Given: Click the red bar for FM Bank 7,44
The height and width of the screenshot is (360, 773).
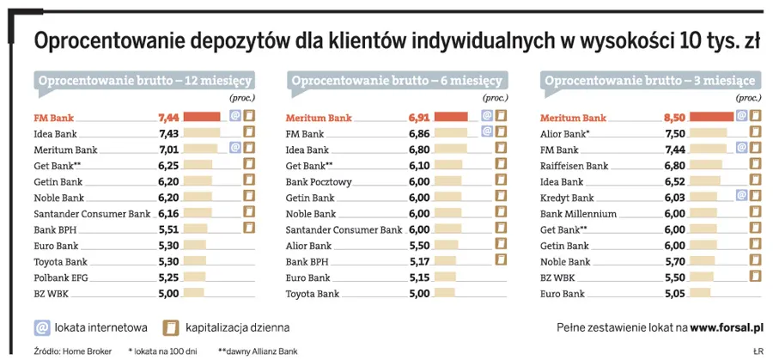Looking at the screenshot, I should click(x=201, y=117).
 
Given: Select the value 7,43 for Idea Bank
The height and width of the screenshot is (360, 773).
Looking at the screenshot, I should click(x=168, y=133).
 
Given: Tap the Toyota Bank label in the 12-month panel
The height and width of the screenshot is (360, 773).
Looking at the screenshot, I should click(x=60, y=261).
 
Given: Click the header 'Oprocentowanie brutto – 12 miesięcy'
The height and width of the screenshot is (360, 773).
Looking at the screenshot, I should click(x=143, y=82).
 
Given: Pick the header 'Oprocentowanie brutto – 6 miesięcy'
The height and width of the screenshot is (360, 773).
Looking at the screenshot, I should click(x=396, y=82).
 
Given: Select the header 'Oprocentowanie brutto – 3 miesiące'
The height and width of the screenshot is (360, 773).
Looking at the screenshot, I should click(x=650, y=82).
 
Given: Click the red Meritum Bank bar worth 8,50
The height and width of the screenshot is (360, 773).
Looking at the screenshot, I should click(x=711, y=117).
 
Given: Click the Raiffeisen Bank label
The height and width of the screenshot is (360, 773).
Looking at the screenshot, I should click(x=574, y=165).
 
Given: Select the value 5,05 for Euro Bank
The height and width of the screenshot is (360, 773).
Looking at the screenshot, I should click(x=674, y=294).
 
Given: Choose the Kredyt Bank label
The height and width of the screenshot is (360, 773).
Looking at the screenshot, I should click(x=567, y=198).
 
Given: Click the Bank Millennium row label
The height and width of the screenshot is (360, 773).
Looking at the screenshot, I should click(x=578, y=213).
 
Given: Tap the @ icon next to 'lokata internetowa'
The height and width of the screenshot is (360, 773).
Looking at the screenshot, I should click(x=40, y=327).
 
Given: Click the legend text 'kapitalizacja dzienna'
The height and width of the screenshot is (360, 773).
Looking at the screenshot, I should click(x=237, y=327).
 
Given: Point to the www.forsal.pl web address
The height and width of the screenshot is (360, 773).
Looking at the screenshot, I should click(x=727, y=327).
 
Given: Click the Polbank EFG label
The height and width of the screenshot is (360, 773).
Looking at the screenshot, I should click(x=61, y=278).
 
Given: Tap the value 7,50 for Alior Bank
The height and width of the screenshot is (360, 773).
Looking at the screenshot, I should click(x=674, y=133).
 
